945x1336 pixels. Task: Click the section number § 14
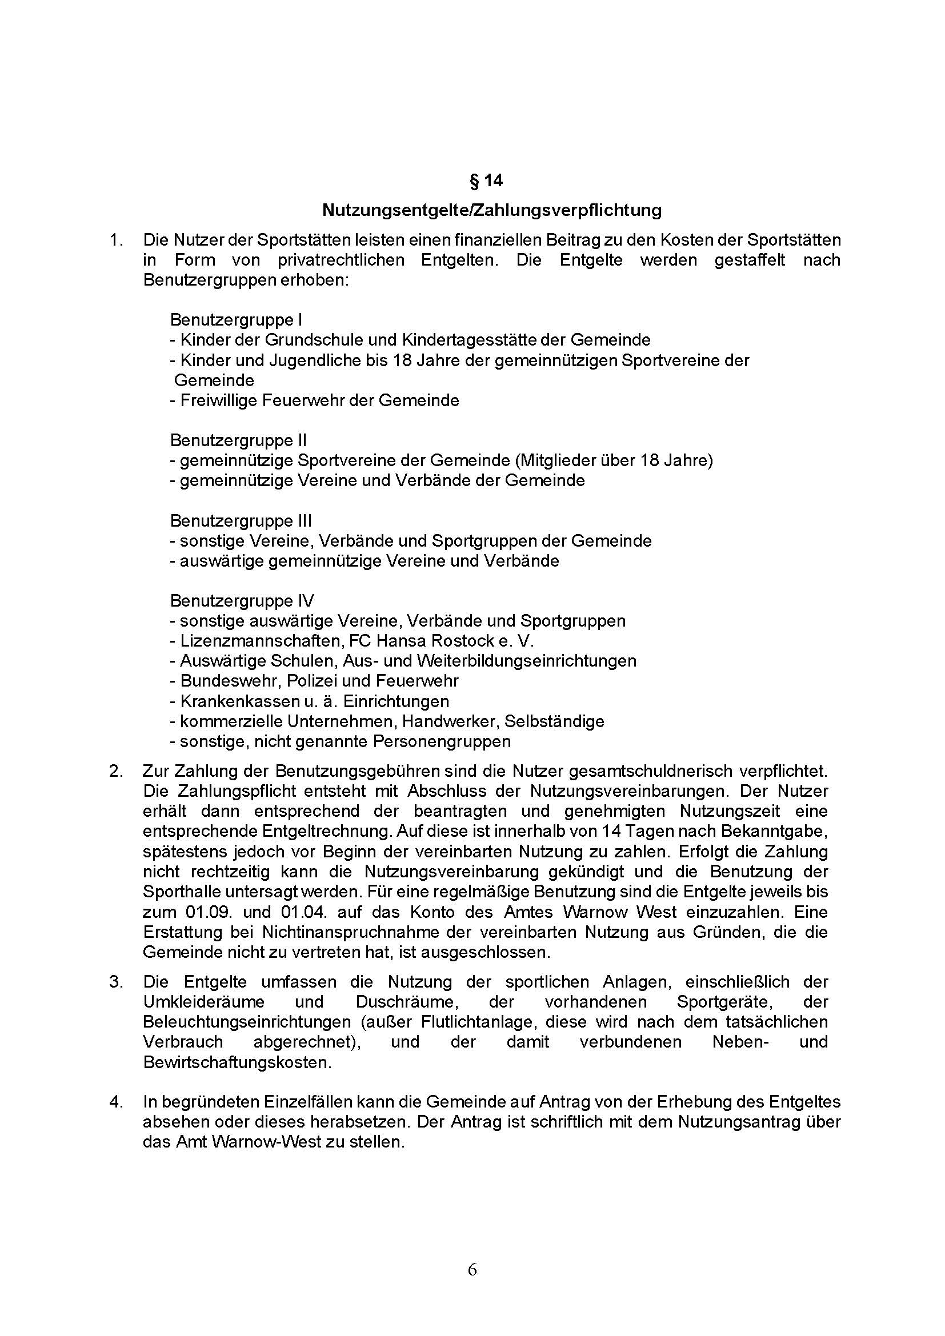pyautogui.click(x=485, y=182)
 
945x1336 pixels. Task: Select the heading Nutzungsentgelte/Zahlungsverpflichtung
pyautogui.click(x=492, y=210)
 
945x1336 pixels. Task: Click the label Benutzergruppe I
pyautogui.click(x=235, y=320)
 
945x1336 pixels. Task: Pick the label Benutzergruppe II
pyautogui.click(x=238, y=440)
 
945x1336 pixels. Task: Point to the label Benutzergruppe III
pyautogui.click(x=241, y=521)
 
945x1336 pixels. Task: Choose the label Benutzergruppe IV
pyautogui.click(x=242, y=600)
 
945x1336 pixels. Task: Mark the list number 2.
pyautogui.click(x=116, y=772)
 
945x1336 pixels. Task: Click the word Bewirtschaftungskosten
pyautogui.click(x=237, y=1062)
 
